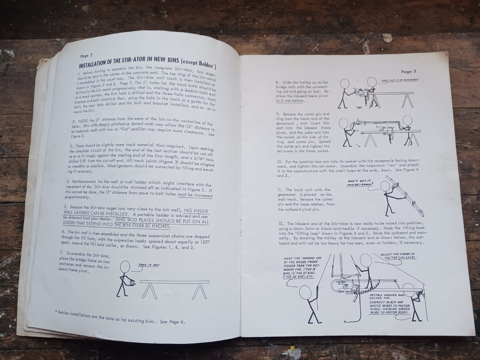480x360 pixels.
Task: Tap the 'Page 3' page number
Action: click(x=409, y=71)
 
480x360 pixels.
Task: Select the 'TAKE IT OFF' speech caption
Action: click(x=149, y=265)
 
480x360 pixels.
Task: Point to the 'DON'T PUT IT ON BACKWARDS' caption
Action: click(x=400, y=80)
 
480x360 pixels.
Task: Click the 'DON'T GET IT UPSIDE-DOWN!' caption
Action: click(x=360, y=183)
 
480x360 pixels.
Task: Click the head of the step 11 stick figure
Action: click(x=385, y=186)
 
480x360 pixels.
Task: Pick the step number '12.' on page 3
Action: click(x=282, y=223)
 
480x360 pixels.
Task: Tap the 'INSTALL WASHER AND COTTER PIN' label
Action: click(x=387, y=296)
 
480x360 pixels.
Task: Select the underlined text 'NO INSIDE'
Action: click(x=196, y=211)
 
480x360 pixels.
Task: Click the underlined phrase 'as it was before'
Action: click(x=290, y=100)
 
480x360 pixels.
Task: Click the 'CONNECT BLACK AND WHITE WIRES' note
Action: click(x=389, y=307)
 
